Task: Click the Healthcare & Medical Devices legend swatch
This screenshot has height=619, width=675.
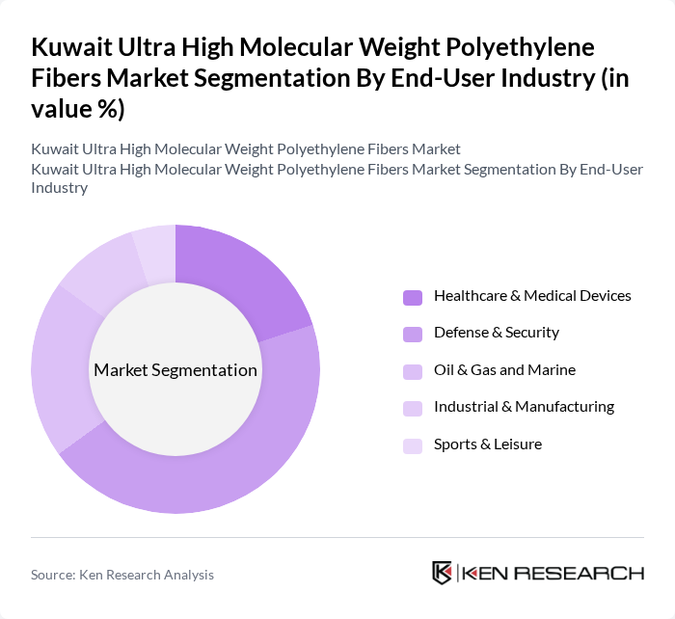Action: [x=413, y=296]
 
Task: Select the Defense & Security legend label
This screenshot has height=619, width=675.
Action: [x=496, y=333]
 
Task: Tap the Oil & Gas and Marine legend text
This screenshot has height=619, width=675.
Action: [x=504, y=369]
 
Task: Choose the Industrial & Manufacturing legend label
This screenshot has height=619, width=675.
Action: [x=524, y=407]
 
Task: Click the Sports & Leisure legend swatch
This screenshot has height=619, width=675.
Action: [x=413, y=444]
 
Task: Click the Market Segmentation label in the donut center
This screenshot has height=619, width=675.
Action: [x=175, y=370]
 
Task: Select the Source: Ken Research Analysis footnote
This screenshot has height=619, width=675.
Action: [x=122, y=575]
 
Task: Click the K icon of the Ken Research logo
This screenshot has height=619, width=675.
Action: [x=443, y=573]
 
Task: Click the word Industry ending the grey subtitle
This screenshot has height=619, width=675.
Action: [x=60, y=188]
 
